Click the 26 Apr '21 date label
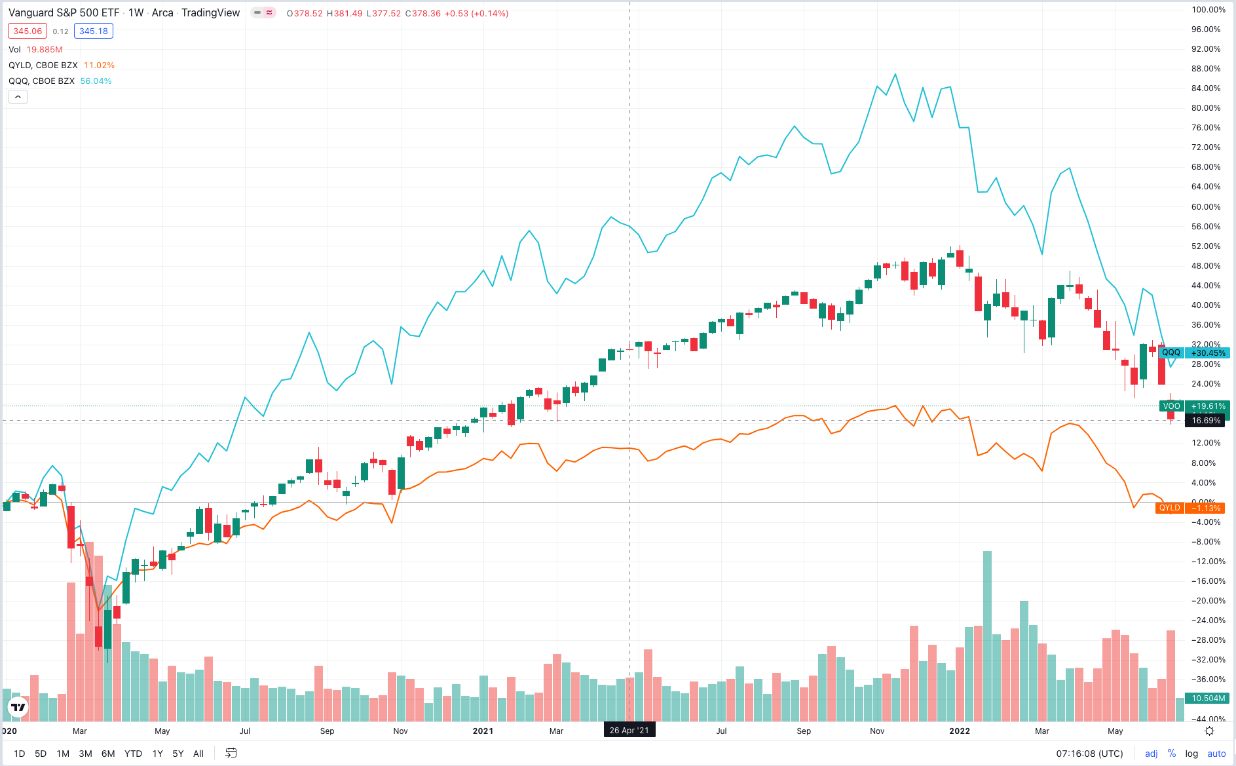click(629, 730)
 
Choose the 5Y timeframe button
click(178, 754)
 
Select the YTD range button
click(133, 754)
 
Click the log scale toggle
click(1191, 754)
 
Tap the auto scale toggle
click(1216, 754)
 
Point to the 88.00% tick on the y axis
click(1206, 69)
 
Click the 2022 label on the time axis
click(960, 731)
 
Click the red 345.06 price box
click(28, 31)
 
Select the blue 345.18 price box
click(93, 31)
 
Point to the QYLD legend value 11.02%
click(99, 66)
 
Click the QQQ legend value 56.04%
click(96, 81)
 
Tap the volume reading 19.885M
click(45, 50)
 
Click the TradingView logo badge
click(18, 707)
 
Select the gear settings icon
click(1209, 731)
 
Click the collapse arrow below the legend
click(18, 97)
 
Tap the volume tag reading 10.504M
click(1208, 699)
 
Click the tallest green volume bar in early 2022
click(987, 636)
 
